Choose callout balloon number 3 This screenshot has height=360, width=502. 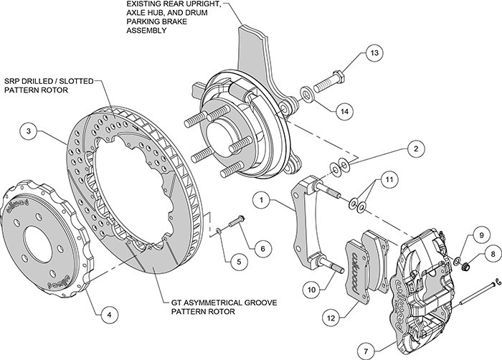(28, 131)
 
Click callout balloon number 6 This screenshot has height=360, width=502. (262, 248)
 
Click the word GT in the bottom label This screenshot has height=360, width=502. (179, 303)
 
